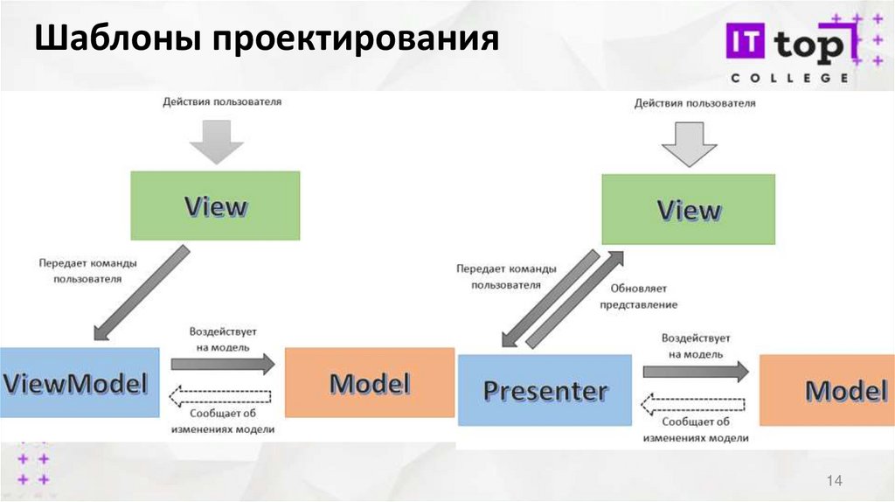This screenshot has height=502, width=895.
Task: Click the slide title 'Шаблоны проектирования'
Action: click(267, 40)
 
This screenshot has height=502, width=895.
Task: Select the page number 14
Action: click(833, 481)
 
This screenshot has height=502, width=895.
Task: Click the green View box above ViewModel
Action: click(215, 206)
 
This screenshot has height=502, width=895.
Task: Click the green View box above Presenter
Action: click(688, 209)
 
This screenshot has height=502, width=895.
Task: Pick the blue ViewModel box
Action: click(80, 382)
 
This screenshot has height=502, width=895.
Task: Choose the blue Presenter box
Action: click(545, 390)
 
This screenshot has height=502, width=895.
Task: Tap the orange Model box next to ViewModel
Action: click(370, 382)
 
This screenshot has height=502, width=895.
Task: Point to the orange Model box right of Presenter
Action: click(828, 390)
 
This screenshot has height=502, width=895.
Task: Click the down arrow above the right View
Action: click(688, 143)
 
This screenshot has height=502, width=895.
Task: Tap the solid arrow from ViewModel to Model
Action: click(222, 365)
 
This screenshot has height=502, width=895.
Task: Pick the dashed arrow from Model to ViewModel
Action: click(222, 398)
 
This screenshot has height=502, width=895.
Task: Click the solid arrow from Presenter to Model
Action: click(696, 371)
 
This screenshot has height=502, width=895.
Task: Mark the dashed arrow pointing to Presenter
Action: click(696, 404)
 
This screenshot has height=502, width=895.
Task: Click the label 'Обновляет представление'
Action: click(637, 296)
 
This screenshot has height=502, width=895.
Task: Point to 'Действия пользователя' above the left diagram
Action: click(222, 102)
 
